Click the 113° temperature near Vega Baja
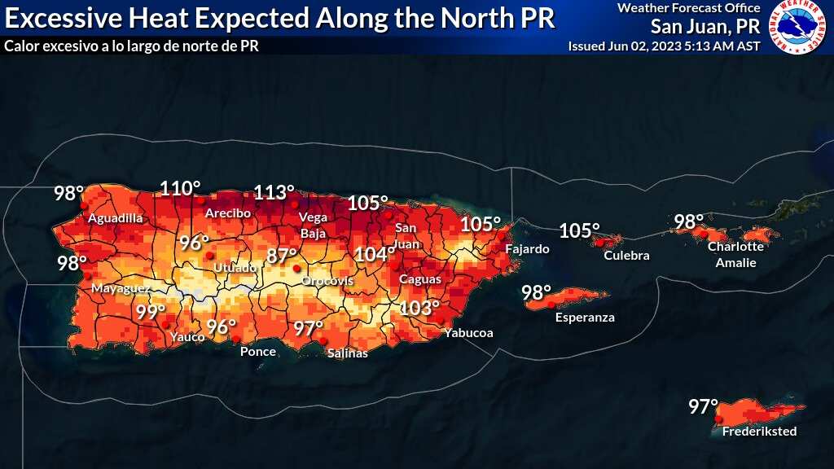(x=274, y=193)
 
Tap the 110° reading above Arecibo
(x=180, y=188)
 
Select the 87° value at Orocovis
(x=282, y=256)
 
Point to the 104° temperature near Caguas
(x=375, y=255)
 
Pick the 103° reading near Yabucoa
(x=419, y=308)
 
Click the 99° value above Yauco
(x=151, y=312)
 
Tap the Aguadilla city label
(x=115, y=218)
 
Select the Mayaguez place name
(x=121, y=289)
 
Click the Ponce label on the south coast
(x=257, y=352)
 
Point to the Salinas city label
(x=347, y=353)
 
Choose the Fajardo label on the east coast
(x=527, y=248)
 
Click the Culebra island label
(x=626, y=256)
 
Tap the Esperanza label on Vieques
(x=585, y=318)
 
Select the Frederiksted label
(x=759, y=432)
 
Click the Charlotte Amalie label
(x=735, y=255)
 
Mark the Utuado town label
(x=235, y=267)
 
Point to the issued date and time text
(x=664, y=46)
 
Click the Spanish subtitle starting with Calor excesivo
(x=131, y=46)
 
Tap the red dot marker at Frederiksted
(x=718, y=419)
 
